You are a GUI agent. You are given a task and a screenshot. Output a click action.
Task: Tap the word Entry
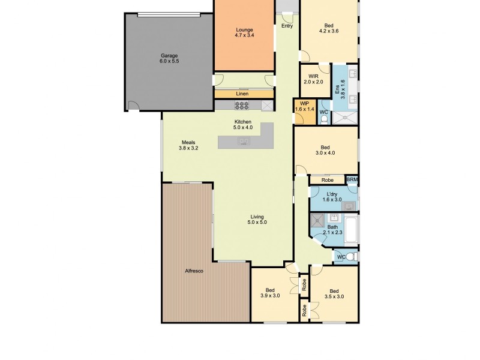(287, 26)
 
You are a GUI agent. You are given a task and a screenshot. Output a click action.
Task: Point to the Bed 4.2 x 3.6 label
(328, 28)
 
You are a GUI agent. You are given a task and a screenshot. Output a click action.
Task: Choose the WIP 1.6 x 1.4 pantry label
(304, 106)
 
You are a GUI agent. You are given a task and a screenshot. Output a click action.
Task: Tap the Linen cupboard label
(242, 94)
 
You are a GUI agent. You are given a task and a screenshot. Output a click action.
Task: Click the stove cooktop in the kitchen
(241, 106)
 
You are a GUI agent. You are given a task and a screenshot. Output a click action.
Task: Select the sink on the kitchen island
(243, 142)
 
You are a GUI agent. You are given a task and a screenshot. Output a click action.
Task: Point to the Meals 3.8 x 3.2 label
(189, 145)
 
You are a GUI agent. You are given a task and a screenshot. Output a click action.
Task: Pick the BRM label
(352, 179)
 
